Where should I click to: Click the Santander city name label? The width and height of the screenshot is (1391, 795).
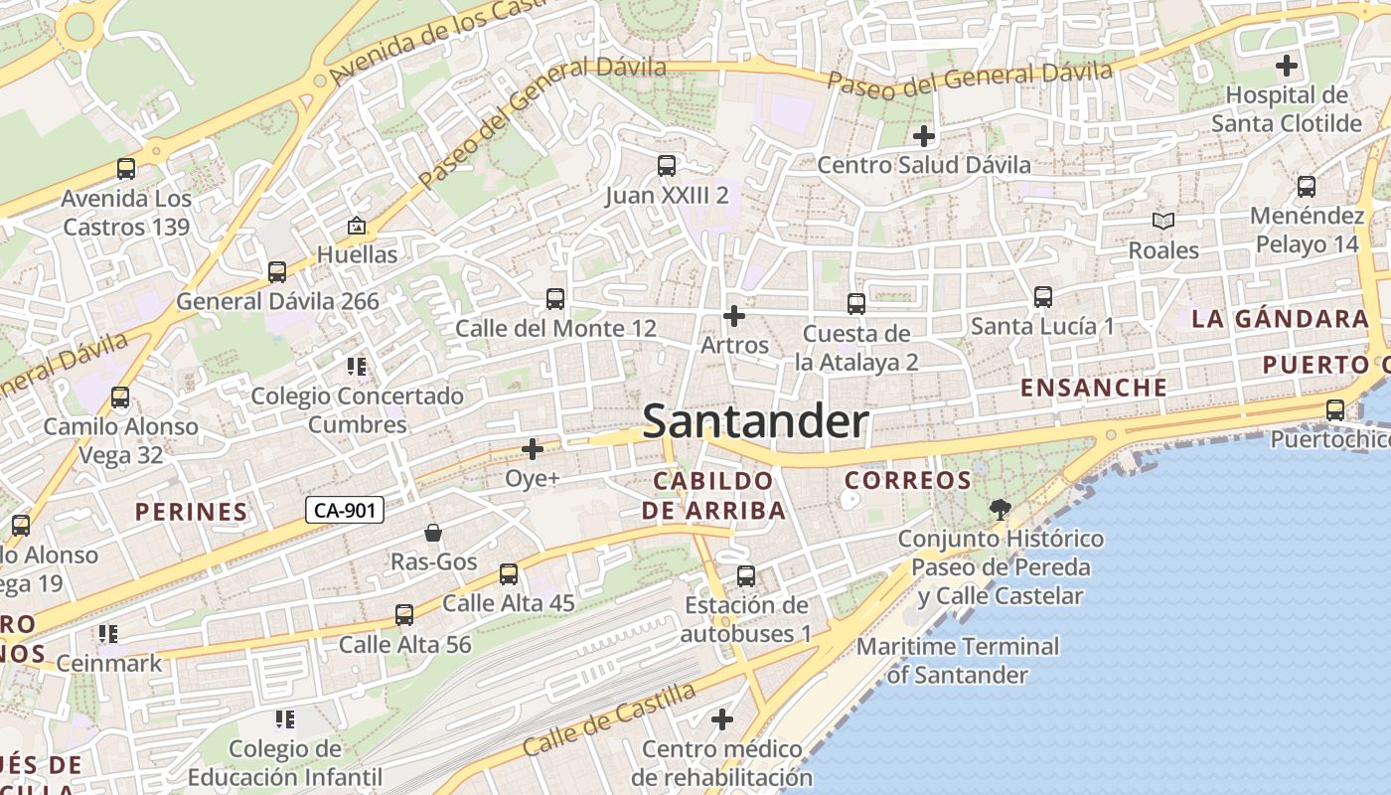[755, 421]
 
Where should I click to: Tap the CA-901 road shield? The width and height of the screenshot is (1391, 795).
[344, 511]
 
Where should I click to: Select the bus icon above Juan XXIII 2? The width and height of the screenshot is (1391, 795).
[667, 166]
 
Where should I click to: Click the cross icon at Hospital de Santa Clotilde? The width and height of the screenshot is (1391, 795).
[1287, 67]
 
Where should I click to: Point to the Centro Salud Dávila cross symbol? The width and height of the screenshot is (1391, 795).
[924, 135]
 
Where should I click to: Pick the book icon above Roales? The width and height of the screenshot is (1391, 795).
[1163, 221]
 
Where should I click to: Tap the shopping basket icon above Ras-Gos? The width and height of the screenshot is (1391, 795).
[433, 533]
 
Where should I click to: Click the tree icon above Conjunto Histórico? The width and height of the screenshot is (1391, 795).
[1000, 510]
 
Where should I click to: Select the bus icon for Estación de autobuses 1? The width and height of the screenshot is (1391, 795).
[746, 575]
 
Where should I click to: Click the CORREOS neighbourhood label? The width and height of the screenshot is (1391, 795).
[908, 481]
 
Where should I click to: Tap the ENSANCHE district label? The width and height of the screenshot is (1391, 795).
[1094, 388]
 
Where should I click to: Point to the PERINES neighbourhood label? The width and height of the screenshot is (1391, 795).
[191, 513]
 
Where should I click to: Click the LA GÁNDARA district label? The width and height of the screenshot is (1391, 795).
[1280, 319]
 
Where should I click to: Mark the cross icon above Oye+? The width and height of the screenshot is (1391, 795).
[533, 449]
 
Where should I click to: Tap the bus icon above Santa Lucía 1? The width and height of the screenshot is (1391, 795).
[1043, 296]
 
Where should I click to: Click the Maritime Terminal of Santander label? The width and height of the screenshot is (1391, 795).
[958, 661]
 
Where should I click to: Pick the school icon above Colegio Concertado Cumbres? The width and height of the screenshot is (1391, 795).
[357, 367]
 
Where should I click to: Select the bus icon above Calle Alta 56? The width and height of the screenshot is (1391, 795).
[404, 615]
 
